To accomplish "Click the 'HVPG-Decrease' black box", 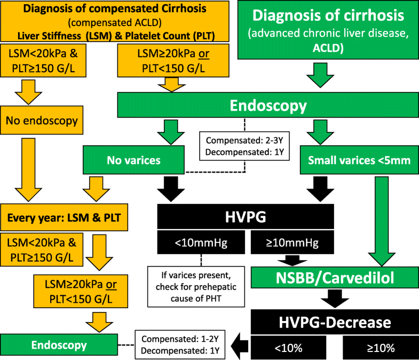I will [x=335, y=323].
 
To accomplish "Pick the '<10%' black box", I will [x=288, y=348].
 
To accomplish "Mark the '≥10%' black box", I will [x=381, y=348].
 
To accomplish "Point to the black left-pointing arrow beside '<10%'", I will [x=238, y=347].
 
